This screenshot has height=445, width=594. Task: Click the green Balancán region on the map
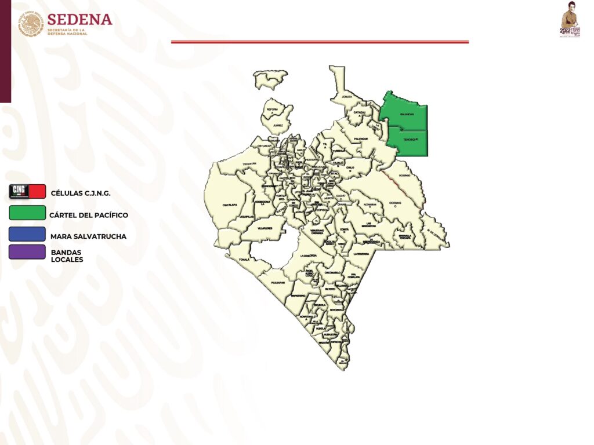point(406,113)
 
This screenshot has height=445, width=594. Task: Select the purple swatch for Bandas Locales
point(27,251)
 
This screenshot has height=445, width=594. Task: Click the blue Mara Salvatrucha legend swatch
point(27,234)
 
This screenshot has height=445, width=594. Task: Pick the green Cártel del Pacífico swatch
point(27,213)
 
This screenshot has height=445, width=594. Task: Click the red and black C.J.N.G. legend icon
point(27,191)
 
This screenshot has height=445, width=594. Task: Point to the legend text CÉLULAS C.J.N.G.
point(81,193)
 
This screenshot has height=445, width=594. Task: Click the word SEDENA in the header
point(80,19)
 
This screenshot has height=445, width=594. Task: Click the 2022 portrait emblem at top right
point(570,20)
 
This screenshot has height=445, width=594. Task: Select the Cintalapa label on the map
point(230,205)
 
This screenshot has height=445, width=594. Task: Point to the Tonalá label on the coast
point(244,260)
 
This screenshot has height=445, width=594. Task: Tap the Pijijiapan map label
point(278,282)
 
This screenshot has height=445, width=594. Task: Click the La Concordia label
point(308,256)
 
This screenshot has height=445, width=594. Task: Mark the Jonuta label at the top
point(347,96)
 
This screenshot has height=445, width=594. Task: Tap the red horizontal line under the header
point(320,42)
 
